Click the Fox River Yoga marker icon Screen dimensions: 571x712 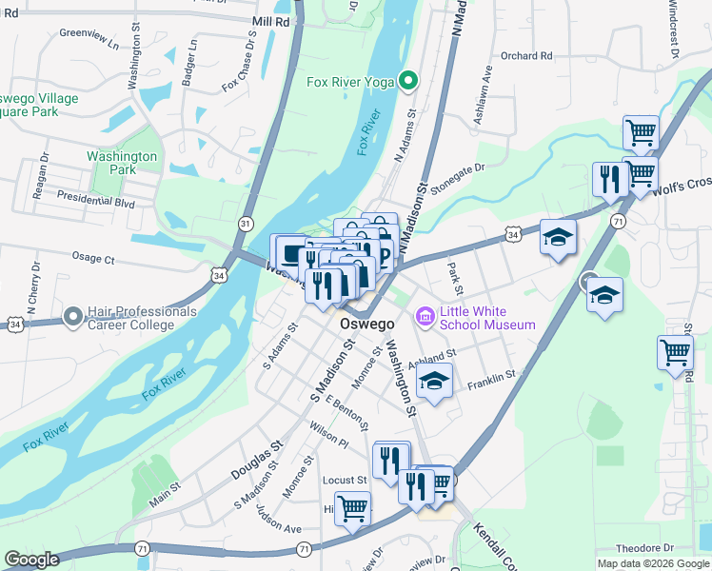point(409,82)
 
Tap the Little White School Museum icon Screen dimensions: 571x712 point(425,315)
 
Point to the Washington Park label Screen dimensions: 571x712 point(122,163)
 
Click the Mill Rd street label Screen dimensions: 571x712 point(271,20)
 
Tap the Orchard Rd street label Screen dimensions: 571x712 point(526,56)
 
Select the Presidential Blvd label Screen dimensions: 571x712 point(95,201)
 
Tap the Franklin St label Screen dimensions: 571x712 point(491,376)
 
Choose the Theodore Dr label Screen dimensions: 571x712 point(644,548)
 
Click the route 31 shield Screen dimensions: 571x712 point(247,224)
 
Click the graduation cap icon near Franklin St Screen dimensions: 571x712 point(435,383)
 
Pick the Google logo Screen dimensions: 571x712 point(31,560)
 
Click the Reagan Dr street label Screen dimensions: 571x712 point(39,179)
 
